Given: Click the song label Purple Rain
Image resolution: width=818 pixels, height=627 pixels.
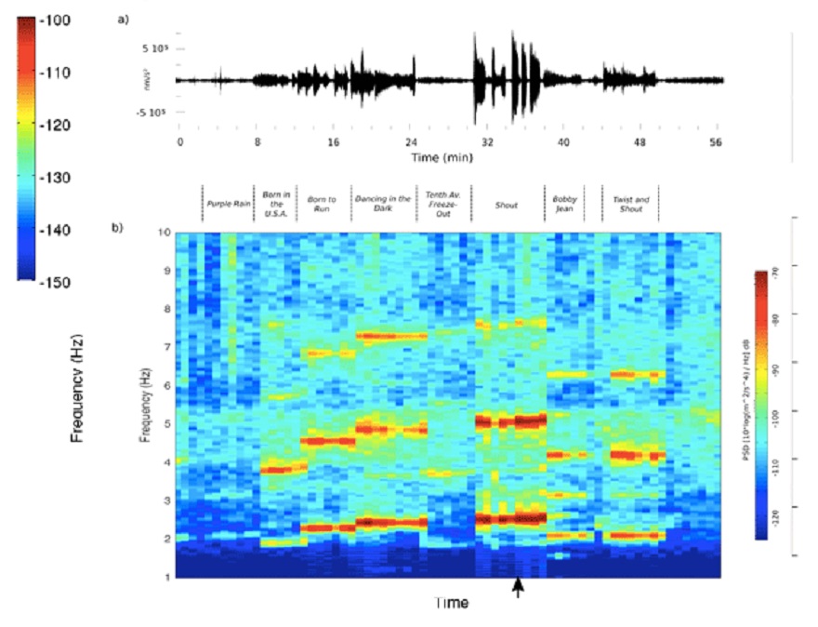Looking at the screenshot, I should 228,202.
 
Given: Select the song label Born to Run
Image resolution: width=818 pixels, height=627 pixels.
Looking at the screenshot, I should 322,202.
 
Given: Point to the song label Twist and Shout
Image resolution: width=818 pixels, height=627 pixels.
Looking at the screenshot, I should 630,202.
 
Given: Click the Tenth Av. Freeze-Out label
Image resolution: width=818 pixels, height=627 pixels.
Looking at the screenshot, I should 442,201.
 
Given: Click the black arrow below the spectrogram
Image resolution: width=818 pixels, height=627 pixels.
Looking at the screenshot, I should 519,588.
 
